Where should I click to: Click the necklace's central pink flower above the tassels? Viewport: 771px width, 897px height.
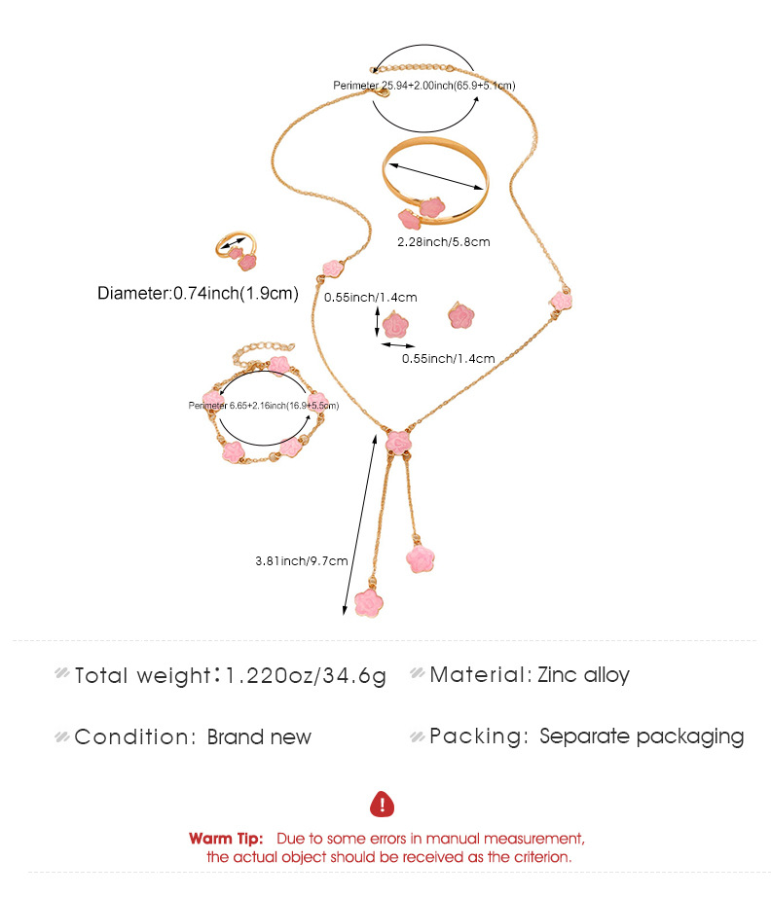398,441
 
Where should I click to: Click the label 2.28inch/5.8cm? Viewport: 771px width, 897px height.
444,241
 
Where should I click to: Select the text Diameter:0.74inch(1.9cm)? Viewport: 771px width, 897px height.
198,292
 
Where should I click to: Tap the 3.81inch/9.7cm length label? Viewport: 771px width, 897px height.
287,560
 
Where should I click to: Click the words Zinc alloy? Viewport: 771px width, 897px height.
583,674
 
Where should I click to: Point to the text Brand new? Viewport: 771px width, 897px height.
259,736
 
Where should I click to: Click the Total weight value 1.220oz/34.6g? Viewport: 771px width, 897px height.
306,675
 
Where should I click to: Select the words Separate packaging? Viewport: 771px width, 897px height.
642,736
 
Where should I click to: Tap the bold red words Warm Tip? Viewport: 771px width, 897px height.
226,838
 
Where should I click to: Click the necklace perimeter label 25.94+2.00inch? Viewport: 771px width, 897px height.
423,86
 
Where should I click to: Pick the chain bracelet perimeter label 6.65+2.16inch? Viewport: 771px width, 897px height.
264,405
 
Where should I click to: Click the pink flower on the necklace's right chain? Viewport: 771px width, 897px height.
560,302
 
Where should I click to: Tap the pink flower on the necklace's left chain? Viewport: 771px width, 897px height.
334,269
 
